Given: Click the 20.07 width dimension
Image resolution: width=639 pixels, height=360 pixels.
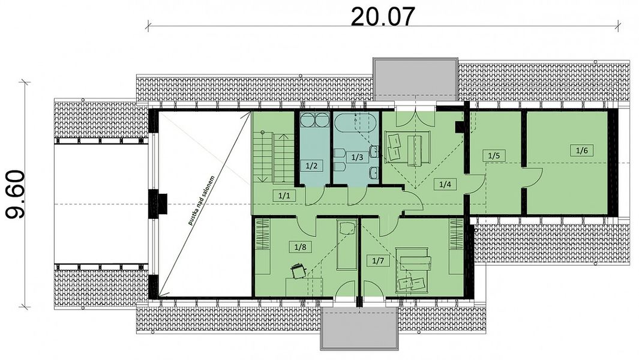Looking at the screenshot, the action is click(x=383, y=17).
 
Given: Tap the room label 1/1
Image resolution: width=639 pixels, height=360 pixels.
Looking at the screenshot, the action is click(x=284, y=195).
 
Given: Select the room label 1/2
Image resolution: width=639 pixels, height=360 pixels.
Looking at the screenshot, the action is click(x=311, y=166).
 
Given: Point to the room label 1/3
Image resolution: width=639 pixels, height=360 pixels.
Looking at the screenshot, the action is click(x=357, y=157).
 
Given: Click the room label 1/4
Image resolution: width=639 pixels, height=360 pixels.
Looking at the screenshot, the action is click(x=445, y=184).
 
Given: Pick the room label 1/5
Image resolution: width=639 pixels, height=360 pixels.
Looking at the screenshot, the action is click(x=494, y=155).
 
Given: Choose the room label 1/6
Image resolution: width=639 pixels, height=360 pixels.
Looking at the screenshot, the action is click(x=582, y=150).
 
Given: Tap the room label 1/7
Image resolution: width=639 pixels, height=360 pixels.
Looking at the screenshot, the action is click(x=378, y=260).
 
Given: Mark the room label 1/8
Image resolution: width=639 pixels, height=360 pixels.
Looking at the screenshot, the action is click(x=300, y=247).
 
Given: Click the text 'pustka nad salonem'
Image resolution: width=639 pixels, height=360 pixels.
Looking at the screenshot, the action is click(x=201, y=201).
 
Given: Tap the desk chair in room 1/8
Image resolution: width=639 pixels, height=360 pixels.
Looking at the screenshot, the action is click(x=298, y=271).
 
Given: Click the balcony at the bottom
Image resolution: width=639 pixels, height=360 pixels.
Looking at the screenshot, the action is click(x=359, y=328).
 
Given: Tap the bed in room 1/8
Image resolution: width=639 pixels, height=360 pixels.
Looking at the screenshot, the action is click(x=347, y=245).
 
